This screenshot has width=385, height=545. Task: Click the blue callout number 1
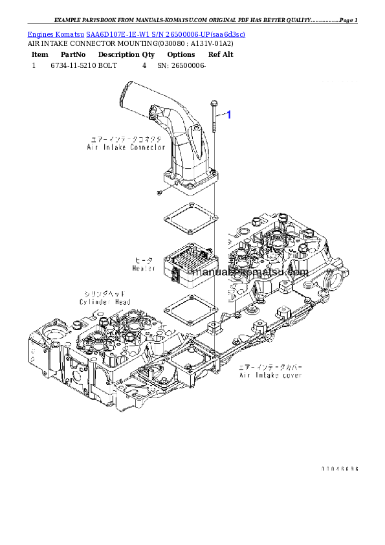pyautogui.click(x=227, y=115)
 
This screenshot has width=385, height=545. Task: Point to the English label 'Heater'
pyautogui.click(x=144, y=268)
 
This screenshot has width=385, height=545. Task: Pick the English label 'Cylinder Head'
pyautogui.click(x=105, y=302)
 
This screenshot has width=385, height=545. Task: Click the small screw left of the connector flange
pyautogui.click(x=158, y=192)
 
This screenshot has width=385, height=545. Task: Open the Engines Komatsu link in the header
pyautogui.click(x=136, y=34)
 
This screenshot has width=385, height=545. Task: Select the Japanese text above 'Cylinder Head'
pyautogui.click(x=105, y=293)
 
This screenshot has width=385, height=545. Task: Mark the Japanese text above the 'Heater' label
pyautogui.click(x=144, y=260)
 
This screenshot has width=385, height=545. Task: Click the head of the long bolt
pyautogui.click(x=213, y=101)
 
